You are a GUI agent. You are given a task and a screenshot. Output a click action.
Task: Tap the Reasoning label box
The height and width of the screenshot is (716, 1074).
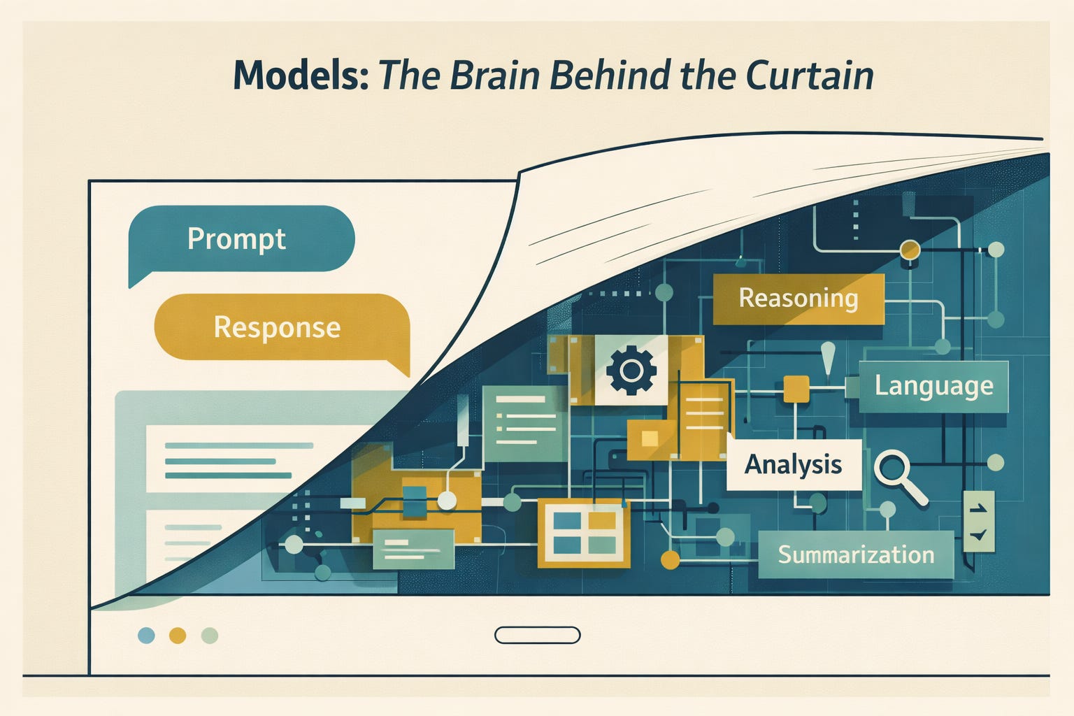tap(798, 299)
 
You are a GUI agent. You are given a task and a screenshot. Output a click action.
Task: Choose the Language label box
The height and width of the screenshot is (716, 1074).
tap(933, 386)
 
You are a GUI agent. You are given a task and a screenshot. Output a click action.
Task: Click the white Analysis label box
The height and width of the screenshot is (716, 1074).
tap(794, 464)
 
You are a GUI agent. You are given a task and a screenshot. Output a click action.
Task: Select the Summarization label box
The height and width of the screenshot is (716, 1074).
tap(856, 554)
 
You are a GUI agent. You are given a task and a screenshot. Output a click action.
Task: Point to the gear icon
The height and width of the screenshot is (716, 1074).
tap(631, 370)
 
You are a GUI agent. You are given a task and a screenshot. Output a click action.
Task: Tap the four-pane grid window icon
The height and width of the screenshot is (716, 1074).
tap(584, 533)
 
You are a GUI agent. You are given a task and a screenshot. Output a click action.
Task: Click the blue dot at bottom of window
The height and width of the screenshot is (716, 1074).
tap(146, 635)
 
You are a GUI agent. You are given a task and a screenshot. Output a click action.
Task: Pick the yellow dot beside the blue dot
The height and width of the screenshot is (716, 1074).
tap(178, 635)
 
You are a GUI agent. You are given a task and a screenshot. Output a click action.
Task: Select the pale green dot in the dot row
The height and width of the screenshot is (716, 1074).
tap(209, 635)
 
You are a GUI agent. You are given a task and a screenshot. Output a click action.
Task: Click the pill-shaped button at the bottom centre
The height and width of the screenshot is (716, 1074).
tap(537, 635)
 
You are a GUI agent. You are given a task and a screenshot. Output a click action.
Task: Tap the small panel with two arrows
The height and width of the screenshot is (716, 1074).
tap(978, 522)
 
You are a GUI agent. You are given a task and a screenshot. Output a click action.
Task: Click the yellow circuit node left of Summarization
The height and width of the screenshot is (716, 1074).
tap(670, 559)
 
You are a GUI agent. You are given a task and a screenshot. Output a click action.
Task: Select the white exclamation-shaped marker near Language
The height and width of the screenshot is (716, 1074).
tap(829, 358)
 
